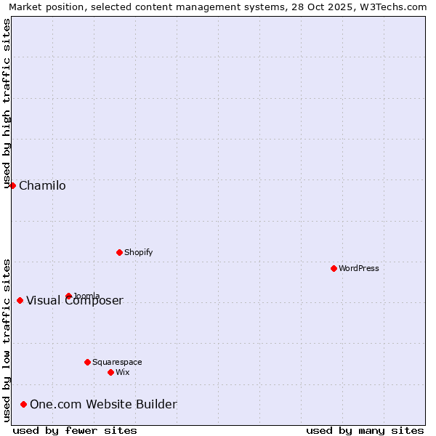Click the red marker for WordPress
click(334, 268)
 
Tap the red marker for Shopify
click(119, 252)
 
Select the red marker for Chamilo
click(12, 185)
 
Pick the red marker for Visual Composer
click(20, 300)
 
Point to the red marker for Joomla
click(68, 296)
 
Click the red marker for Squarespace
click(87, 362)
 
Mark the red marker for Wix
click(110, 372)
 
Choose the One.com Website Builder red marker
click(23, 404)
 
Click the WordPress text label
click(359, 268)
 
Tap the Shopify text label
click(138, 252)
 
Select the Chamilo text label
click(42, 185)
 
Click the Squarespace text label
click(117, 362)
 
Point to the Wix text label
click(122, 372)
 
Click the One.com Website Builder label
click(103, 404)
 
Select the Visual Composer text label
click(75, 301)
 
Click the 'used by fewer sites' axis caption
click(75, 430)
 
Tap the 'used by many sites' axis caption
click(365, 430)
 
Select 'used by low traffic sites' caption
click(7, 340)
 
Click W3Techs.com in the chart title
click(397, 7)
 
